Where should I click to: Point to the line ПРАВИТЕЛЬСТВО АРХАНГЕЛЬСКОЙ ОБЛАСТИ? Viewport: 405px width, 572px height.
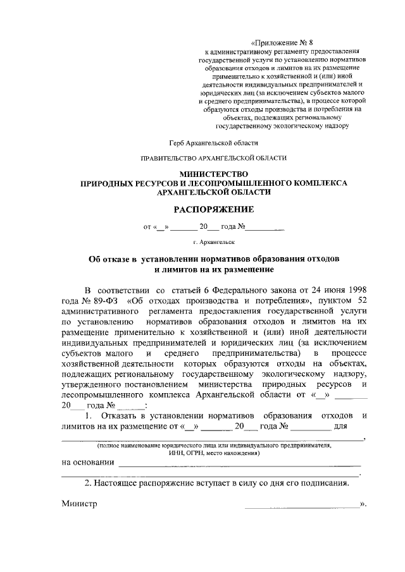click(x=214, y=157)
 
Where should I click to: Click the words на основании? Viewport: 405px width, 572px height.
click(x=88, y=462)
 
